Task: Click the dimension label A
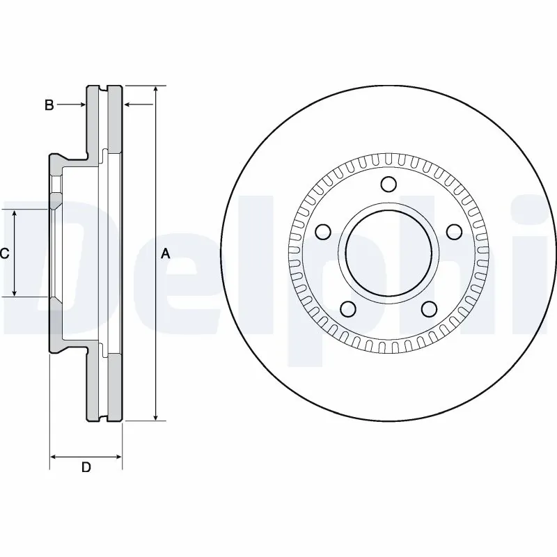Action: [166, 254]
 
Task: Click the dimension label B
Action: [49, 105]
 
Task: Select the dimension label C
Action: [4, 254]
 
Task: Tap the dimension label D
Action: [86, 467]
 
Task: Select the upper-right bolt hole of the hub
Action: [453, 232]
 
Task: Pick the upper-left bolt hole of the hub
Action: [322, 232]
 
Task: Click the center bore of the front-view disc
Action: [388, 254]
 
